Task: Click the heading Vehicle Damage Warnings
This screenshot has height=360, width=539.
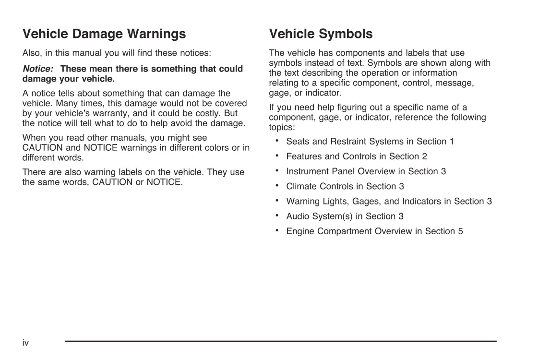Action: pos(104,34)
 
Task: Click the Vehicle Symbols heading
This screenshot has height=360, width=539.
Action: pos(321,34)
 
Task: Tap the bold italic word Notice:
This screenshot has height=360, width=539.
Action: pos(38,69)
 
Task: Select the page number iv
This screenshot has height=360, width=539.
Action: pos(25,343)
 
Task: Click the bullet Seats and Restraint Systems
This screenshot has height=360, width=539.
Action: pos(370,142)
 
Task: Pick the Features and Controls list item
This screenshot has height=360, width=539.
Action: pos(356,156)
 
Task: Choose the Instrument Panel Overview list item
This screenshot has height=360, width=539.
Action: pos(366,171)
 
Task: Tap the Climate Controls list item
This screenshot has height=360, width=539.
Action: pos(345,186)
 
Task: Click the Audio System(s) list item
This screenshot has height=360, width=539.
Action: pos(345,216)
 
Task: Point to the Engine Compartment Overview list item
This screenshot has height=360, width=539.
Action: pos(374,231)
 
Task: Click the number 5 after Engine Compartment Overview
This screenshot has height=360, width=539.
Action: pos(460,231)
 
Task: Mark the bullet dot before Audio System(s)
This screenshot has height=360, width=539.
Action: pos(277,216)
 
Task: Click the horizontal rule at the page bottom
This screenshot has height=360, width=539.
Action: pos(281,341)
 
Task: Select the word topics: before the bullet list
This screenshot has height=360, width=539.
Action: pos(282,127)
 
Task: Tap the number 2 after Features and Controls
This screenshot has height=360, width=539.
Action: pos(424,156)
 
